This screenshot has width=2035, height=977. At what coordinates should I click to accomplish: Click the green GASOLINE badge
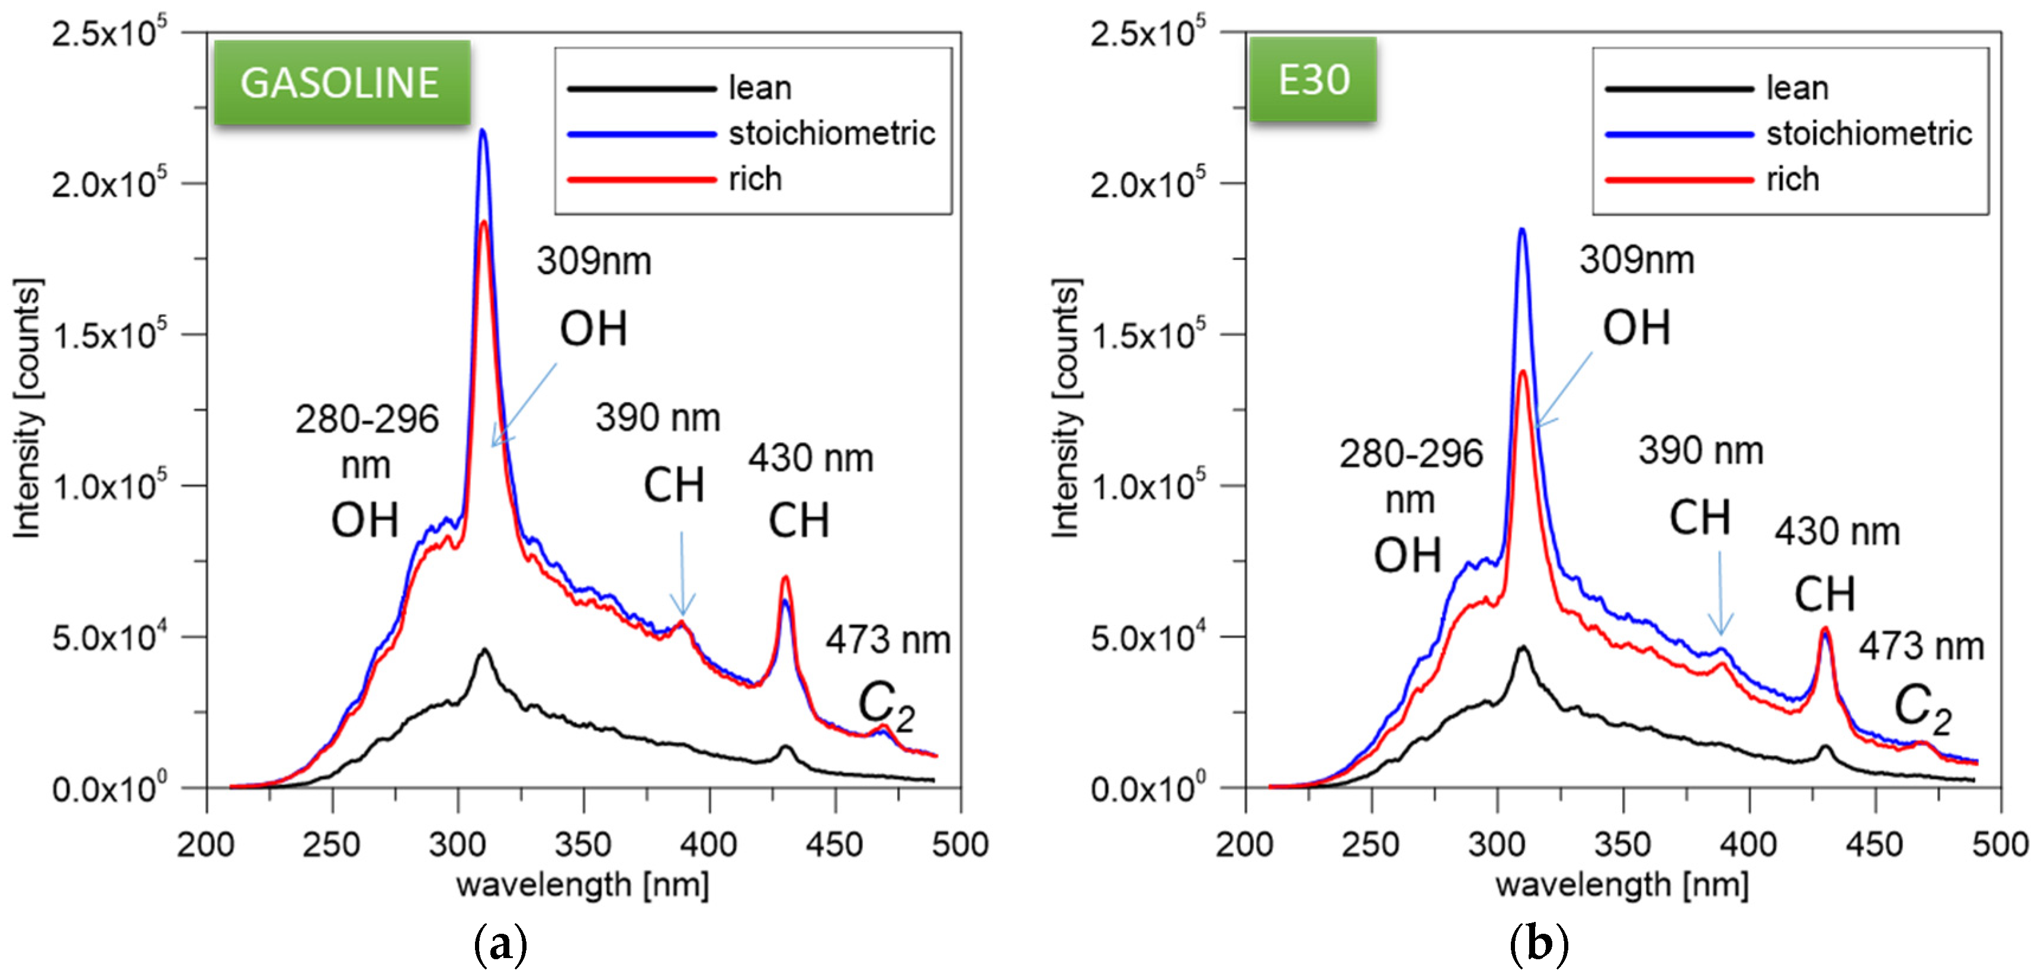point(341,82)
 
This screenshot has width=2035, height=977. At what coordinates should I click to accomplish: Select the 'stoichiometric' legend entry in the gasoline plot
point(831,133)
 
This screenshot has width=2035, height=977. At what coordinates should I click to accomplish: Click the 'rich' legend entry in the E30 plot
point(1792,179)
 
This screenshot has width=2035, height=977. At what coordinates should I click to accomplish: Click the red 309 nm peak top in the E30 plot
point(1522,372)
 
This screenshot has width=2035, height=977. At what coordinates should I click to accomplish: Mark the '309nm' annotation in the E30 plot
point(1636,260)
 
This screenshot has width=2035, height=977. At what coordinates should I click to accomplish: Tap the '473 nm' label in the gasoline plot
point(888,639)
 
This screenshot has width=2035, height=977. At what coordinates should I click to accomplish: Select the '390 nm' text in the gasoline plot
point(657,418)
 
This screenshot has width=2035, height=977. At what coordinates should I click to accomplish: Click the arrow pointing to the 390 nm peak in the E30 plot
point(1721,592)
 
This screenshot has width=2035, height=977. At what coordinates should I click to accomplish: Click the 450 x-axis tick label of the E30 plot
point(1874,845)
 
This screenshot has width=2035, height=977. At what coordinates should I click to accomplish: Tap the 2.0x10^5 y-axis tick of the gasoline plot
point(109,184)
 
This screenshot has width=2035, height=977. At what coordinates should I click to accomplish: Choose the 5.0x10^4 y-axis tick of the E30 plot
point(1147,637)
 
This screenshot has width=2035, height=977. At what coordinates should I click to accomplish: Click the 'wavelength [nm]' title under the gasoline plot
point(583,885)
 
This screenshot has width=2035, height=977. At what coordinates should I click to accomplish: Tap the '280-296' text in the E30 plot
point(1411,454)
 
